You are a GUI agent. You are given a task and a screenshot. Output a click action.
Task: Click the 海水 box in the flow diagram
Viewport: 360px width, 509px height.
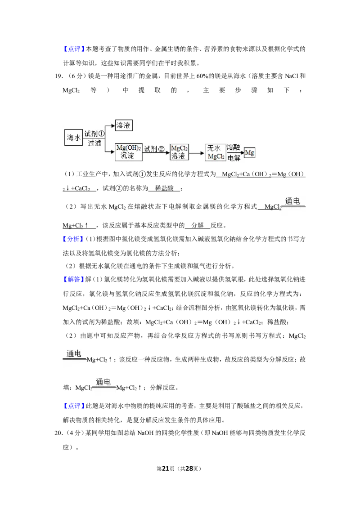tap(73, 137)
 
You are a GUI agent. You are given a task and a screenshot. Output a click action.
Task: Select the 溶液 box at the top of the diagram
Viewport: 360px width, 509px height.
tap(124, 125)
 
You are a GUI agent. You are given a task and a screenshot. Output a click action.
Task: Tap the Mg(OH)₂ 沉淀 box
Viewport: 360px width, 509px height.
tap(129, 152)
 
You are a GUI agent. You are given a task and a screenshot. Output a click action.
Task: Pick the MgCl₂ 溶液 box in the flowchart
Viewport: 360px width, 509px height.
tap(180, 152)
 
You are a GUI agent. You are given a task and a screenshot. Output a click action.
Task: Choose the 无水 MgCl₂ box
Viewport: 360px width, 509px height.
tap(216, 152)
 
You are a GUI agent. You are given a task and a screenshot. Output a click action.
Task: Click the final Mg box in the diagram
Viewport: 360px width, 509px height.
tap(250, 152)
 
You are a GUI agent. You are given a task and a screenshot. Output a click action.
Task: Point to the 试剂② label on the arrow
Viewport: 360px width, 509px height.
tap(154, 149)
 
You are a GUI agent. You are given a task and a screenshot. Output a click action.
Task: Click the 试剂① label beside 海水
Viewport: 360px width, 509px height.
tap(94, 134)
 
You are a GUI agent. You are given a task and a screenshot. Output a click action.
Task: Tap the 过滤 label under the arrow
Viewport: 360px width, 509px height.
tap(94, 143)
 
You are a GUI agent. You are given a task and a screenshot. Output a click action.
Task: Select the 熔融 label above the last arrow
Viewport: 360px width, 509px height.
tap(233, 147)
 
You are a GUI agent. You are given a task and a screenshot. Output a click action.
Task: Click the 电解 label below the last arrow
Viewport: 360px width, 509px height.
tap(234, 158)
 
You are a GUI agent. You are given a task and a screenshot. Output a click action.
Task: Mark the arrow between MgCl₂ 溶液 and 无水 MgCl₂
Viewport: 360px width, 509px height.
tap(196, 152)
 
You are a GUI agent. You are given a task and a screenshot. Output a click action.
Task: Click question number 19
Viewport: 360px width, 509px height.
tap(58, 76)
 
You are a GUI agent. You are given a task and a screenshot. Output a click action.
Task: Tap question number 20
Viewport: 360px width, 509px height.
tap(58, 433)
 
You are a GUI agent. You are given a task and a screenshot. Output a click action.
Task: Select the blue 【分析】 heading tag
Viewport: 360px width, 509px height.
tap(71, 239)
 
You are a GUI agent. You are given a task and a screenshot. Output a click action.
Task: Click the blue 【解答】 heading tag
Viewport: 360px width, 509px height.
tap(71, 279)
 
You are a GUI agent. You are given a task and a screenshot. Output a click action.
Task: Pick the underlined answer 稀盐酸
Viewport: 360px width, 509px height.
tap(164, 188)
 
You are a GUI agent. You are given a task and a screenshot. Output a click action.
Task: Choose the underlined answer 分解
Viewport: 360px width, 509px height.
tap(198, 225)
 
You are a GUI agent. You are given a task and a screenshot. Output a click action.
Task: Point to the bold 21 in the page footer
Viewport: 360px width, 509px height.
tap(166, 469)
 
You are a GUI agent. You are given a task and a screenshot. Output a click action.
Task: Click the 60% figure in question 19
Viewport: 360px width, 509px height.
tap(202, 76)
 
